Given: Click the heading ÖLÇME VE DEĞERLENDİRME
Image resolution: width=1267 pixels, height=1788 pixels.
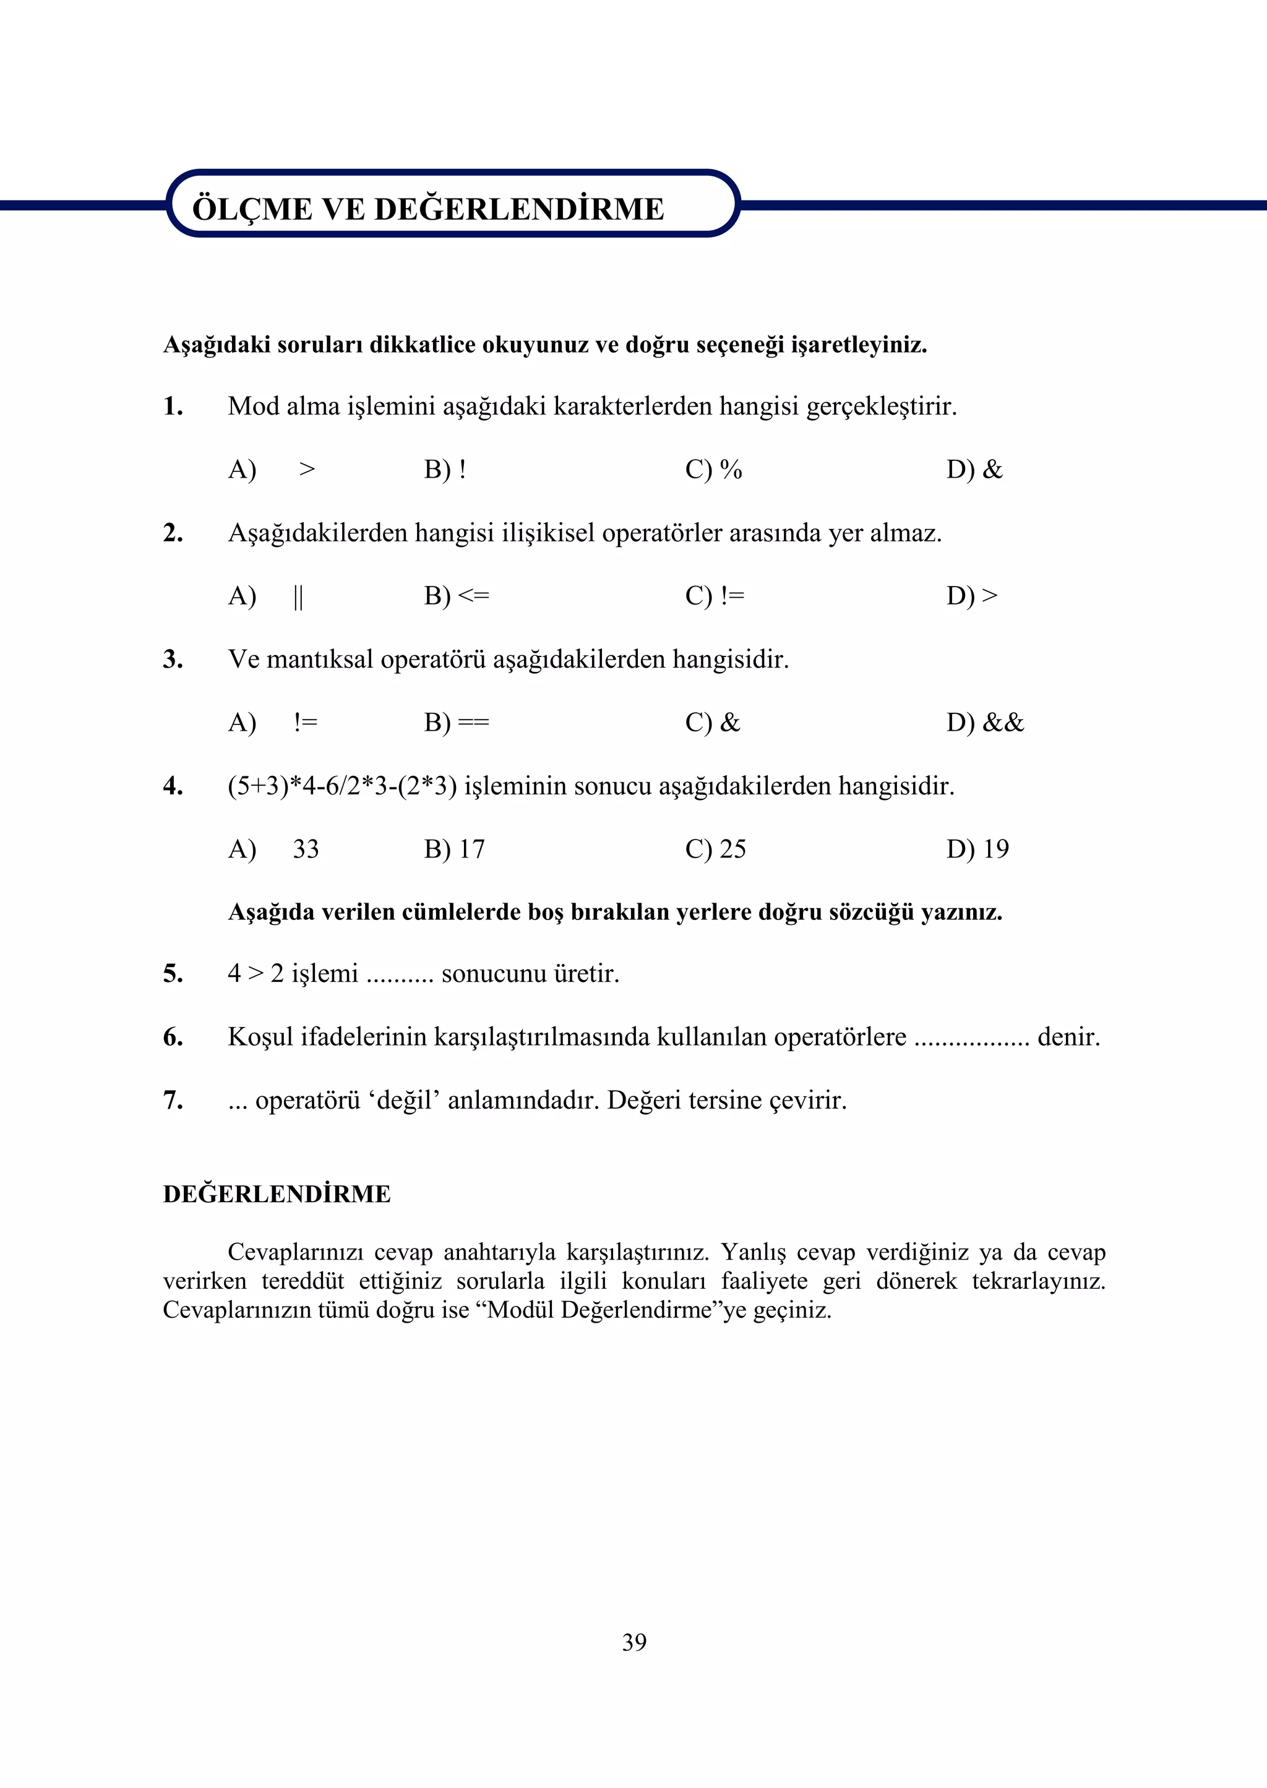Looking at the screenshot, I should tap(427, 209).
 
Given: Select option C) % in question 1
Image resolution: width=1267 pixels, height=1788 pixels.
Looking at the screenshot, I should tap(713, 470).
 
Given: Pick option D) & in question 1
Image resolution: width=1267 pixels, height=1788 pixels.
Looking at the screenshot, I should tap(974, 470).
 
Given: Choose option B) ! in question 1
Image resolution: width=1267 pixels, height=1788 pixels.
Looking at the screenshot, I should tap(445, 470).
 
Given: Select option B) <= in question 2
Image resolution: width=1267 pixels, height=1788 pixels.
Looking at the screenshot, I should tap(457, 596).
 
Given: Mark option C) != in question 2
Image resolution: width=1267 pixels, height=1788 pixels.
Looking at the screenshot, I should tap(715, 596).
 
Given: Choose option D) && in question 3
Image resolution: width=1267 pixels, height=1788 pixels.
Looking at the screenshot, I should tap(984, 723).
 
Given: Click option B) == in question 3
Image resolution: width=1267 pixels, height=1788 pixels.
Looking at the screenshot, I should tap(457, 723).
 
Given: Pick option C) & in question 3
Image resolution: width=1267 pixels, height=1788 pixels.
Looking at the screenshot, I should tap(712, 723).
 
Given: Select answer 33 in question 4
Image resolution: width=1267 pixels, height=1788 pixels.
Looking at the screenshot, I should tap(306, 849).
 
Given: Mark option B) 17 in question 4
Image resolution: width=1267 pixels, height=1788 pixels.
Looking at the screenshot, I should tap(454, 849).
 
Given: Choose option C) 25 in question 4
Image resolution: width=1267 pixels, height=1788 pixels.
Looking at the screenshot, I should tap(715, 849).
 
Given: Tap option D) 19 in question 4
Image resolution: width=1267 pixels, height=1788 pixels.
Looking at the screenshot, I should tap(977, 849).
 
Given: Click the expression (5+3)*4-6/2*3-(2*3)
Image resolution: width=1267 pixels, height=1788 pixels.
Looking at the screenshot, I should tap(341, 786).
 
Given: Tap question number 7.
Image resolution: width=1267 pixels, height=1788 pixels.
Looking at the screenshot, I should tap(173, 1100).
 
